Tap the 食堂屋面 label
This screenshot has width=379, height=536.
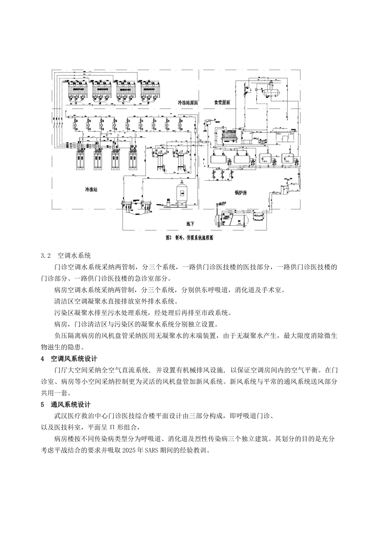tap(223, 103)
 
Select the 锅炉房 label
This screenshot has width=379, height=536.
tap(241, 193)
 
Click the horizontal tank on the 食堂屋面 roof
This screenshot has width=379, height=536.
tap(270, 91)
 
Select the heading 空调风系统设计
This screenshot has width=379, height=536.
tap(74, 359)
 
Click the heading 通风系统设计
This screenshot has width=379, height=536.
tap(71, 405)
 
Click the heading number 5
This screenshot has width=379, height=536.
tap(43, 405)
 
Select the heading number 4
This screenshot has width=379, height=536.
tap(43, 359)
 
